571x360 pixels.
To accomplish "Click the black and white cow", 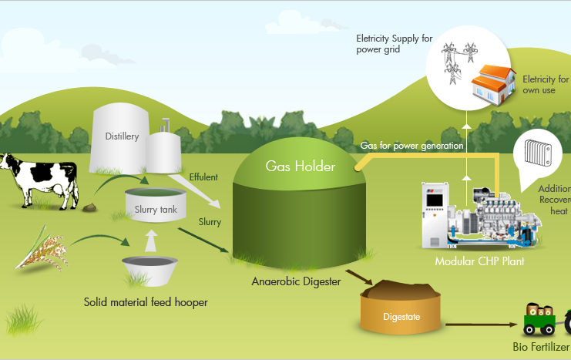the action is tap(40, 180).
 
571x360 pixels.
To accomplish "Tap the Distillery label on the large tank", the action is tap(122, 136).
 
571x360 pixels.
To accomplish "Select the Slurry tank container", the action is tap(156, 205).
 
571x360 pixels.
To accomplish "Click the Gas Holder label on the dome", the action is tap(301, 167).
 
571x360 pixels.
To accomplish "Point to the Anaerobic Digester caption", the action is tap(296, 281).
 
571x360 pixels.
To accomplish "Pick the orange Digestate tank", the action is tap(401, 307).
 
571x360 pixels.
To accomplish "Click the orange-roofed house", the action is tap(494, 85).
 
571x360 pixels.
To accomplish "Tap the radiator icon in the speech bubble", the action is tap(538, 153).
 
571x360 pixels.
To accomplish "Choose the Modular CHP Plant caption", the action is tap(479, 261).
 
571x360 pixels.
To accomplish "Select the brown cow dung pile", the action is tap(89, 207).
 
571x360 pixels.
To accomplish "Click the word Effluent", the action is tap(203, 177).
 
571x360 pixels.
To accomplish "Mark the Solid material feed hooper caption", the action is tap(146, 302).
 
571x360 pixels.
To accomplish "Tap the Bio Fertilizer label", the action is tap(541, 347).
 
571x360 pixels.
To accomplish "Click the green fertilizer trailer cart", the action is tap(539, 319).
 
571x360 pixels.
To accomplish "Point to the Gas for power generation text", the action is tap(411, 146).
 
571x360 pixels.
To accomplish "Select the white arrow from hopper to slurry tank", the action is tap(151, 241).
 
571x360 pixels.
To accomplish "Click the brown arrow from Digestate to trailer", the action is tap(482, 325).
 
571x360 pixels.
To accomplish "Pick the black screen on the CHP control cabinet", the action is tap(435, 200).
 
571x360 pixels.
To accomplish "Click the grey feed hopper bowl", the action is tap(149, 271).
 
